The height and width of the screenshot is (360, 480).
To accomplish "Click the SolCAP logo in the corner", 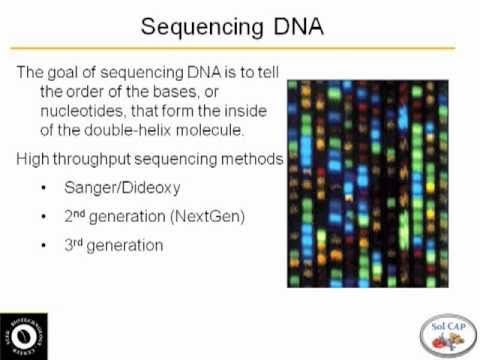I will tap(447, 331).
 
